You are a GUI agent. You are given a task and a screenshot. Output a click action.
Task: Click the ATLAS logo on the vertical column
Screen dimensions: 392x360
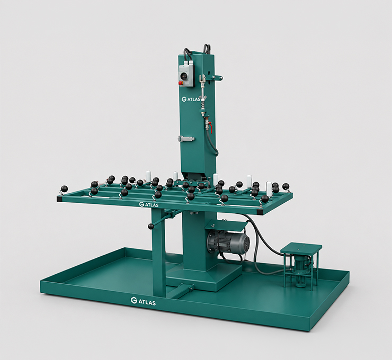click(x=191, y=99)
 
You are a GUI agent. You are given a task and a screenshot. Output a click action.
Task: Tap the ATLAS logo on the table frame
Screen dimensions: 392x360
click(x=149, y=204)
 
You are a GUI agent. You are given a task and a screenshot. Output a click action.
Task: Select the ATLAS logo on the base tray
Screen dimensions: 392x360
click(x=143, y=301)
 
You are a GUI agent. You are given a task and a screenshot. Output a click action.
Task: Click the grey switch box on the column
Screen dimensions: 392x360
click(x=187, y=76)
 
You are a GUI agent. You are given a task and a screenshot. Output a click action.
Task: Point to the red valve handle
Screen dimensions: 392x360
click(x=210, y=126)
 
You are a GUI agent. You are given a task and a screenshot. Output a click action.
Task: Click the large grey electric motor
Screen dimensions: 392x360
click(x=228, y=242)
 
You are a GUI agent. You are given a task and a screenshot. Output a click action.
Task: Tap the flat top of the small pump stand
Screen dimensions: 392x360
click(x=301, y=248)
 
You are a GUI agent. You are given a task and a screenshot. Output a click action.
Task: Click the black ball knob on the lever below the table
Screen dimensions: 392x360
click(x=151, y=227)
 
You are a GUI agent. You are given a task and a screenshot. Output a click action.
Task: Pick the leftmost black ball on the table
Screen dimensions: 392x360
click(x=64, y=188)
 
